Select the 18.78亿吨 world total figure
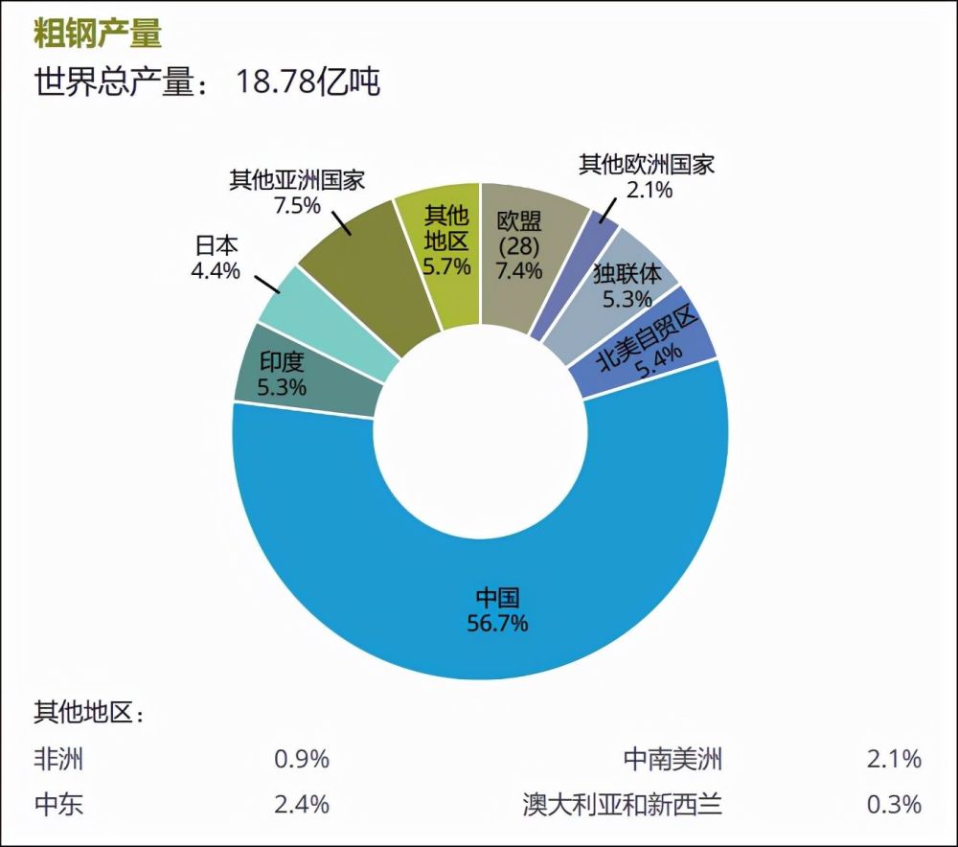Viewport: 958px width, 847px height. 308,82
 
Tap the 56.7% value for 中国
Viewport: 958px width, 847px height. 496,623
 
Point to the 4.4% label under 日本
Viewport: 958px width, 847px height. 216,270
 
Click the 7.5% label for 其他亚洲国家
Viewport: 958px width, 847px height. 296,205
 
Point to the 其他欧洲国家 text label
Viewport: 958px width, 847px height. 647,164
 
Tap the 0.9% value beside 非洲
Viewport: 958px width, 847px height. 302,760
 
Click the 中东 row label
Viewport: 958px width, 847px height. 58,803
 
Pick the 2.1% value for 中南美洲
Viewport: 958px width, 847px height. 894,760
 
